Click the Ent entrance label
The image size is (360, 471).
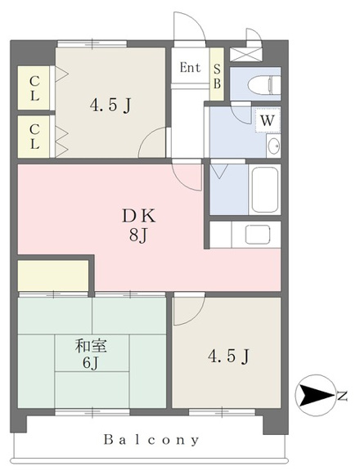click(x=190, y=68)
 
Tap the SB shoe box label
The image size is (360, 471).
click(x=217, y=76)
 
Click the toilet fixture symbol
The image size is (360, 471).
click(x=264, y=85)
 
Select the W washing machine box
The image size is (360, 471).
click(x=268, y=120)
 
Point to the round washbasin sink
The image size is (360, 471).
click(x=273, y=146)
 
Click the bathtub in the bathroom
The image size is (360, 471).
click(x=264, y=189)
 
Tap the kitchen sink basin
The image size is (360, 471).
click(x=258, y=235)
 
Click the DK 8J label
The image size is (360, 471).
click(x=139, y=226)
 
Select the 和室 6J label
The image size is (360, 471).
click(x=91, y=354)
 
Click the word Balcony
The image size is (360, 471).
click(x=151, y=440)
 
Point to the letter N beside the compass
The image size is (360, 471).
click(x=342, y=397)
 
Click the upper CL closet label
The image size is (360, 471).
click(x=34, y=88)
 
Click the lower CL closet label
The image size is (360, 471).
click(x=34, y=137)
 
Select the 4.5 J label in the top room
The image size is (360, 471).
click(x=110, y=105)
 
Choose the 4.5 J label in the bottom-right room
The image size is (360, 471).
click(x=228, y=357)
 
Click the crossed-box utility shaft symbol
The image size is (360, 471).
click(x=245, y=55)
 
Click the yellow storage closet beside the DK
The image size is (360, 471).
click(x=53, y=275)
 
